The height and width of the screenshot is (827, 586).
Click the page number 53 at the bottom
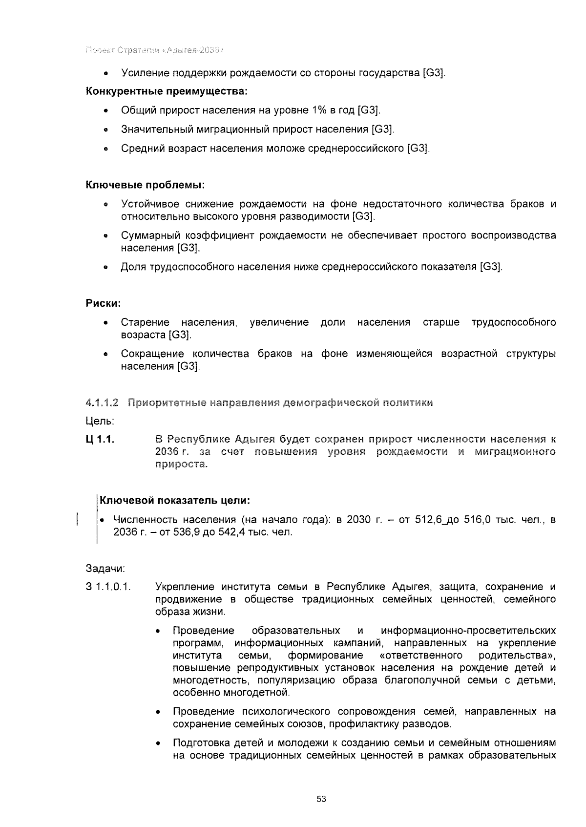pos(321,799)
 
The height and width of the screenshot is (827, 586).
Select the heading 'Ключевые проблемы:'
pos(145,186)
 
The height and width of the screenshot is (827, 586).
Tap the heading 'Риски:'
pos(103,303)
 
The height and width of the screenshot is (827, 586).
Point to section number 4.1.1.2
pos(102,403)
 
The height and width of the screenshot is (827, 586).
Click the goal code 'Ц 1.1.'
pos(100,440)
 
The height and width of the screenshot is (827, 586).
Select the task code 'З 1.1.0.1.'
pos(108,587)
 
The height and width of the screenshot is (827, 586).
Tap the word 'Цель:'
pos(100,421)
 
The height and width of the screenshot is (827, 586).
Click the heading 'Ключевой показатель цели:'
pos(175,501)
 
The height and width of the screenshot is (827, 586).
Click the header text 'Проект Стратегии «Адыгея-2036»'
pos(155,51)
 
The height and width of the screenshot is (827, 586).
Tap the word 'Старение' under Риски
pos(145,322)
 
